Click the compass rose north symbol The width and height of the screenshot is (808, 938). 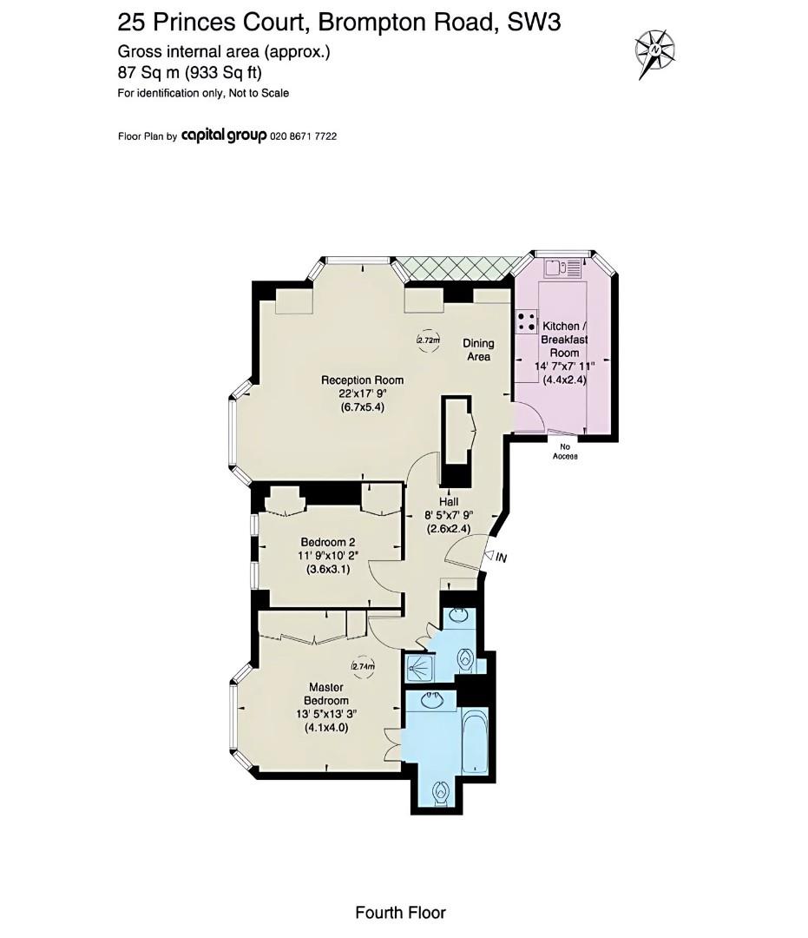pos(655,51)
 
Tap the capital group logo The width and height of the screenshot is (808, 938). pos(224,135)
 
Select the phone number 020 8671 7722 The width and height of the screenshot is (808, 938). pos(304,136)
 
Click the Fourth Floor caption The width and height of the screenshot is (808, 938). pos(400,912)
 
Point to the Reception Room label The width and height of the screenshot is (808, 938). pos(362,380)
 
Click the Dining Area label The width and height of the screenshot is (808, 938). pos(478,350)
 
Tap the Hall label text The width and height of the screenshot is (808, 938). pos(449,502)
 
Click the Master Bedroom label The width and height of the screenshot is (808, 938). pos(326,694)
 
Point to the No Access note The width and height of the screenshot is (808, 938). pos(565,452)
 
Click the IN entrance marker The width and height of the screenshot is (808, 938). pos(502,558)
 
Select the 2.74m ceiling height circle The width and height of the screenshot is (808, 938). pos(363,666)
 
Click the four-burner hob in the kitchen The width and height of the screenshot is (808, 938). pos(526,321)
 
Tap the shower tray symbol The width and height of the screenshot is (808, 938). pos(418,667)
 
